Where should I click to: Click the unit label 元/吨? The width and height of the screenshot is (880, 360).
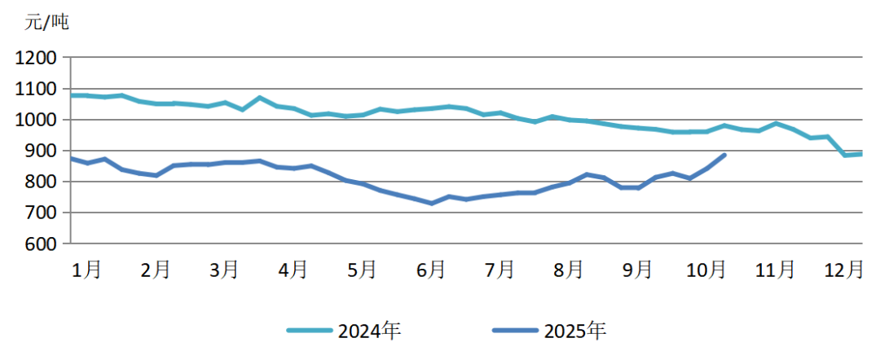pyautogui.click(x=47, y=22)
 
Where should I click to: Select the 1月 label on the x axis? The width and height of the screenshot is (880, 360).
pyautogui.click(x=87, y=269)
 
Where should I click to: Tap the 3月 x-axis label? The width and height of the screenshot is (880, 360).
pyautogui.click(x=224, y=269)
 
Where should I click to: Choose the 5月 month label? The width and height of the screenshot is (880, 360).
pyautogui.click(x=362, y=269)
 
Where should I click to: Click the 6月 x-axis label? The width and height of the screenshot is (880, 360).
pyautogui.click(x=430, y=269)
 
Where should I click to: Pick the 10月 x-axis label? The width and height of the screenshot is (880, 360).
pyautogui.click(x=706, y=269)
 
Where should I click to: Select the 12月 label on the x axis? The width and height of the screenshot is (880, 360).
pyautogui.click(x=843, y=269)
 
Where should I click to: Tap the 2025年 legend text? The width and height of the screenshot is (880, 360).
pyautogui.click(x=575, y=331)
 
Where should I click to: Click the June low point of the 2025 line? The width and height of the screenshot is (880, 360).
pyautogui.click(x=431, y=203)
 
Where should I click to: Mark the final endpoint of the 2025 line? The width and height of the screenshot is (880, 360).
pyautogui.click(x=724, y=155)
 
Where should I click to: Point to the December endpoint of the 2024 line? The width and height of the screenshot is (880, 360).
pyautogui.click(x=860, y=154)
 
